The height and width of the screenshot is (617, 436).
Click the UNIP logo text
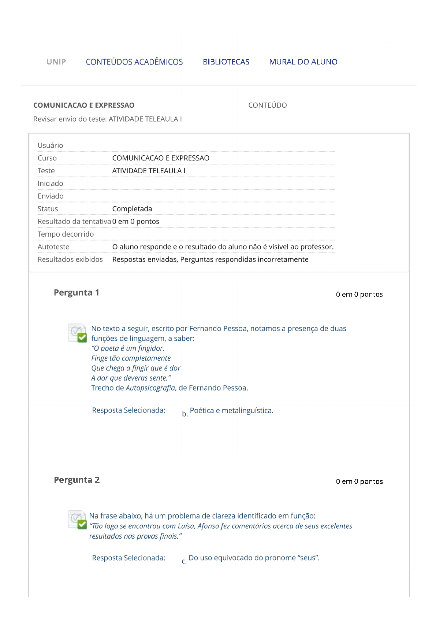(56, 62)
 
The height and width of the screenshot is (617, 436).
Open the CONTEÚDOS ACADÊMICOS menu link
(134, 62)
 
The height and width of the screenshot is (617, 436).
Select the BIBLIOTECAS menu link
(226, 62)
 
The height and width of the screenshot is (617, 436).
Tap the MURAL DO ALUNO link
(303, 62)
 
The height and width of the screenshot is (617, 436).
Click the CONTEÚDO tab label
(268, 106)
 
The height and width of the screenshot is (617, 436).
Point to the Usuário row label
(51, 145)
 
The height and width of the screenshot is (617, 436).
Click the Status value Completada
(132, 209)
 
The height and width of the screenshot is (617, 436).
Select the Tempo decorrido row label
(66, 234)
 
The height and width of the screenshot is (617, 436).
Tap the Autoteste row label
(53, 247)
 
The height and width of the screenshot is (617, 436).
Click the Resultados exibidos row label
(70, 259)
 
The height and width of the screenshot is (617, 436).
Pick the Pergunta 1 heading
(77, 293)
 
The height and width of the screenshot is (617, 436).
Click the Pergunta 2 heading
(77, 480)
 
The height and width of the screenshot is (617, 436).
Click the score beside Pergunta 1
(359, 295)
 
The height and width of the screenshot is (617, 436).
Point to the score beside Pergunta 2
(359, 482)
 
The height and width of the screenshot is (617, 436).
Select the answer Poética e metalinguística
(231, 411)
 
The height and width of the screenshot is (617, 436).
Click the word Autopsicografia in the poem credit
(150, 388)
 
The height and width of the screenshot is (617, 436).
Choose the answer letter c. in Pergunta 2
(184, 561)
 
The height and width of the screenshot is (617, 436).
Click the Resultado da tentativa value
(136, 222)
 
